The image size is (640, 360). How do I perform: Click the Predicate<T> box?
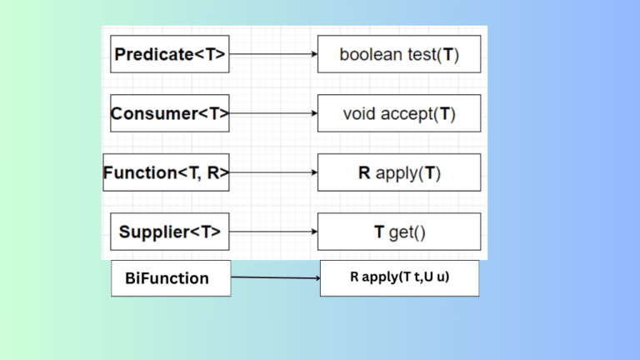click(170, 54)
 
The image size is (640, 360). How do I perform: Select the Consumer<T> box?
click(170, 113)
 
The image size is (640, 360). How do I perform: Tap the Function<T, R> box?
click(166, 172)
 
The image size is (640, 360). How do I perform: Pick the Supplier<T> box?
click(170, 232)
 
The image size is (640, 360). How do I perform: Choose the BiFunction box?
click(171, 278)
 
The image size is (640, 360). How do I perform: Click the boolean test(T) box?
click(399, 54)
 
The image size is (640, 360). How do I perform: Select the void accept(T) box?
click(399, 113)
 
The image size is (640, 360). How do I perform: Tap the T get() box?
click(399, 232)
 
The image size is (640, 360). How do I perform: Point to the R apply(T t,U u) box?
click(399, 278)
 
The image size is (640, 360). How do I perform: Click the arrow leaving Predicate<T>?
click(273, 54)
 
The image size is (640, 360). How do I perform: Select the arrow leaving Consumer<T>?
click(273, 113)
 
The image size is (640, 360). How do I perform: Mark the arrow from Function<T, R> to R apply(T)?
click(273, 172)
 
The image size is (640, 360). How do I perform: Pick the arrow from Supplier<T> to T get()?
click(273, 232)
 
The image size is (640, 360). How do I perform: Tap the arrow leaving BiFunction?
click(275, 277)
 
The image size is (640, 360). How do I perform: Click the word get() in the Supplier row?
click(407, 232)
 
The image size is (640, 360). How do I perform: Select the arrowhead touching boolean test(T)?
click(313, 54)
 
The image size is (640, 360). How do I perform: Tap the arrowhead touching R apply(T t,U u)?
click(316, 278)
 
